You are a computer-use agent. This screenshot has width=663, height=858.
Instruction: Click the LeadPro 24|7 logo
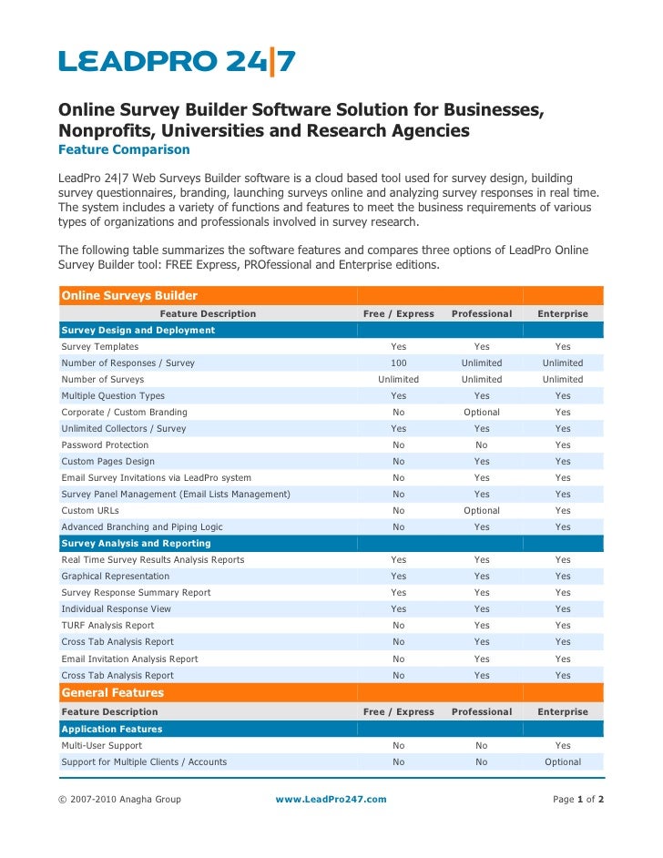tap(178, 63)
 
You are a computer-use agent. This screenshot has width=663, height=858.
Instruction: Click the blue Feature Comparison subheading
tap(124, 149)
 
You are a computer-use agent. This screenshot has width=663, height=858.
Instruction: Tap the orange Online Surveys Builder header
tap(128, 295)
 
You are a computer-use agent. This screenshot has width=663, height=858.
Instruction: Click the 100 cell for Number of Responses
tap(398, 363)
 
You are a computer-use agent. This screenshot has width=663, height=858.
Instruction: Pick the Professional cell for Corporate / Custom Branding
tap(481, 412)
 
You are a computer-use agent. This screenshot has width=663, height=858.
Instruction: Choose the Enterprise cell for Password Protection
tap(563, 444)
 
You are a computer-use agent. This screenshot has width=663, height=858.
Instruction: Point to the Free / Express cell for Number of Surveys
tap(398, 379)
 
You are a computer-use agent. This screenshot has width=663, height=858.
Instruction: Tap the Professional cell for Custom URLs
tap(481, 510)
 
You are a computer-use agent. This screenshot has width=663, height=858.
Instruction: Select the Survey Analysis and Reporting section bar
tap(136, 543)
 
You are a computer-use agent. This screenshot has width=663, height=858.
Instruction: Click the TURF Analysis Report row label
tap(107, 625)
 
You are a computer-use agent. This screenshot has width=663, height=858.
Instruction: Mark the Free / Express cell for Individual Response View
tap(398, 608)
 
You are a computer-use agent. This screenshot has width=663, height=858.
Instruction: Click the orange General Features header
tap(113, 693)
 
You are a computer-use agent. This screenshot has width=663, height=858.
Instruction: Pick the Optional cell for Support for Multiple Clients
tap(563, 761)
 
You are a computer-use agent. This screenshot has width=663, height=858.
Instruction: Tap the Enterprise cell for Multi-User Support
tap(563, 745)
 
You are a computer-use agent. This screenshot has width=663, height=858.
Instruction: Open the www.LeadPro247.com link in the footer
tap(331, 799)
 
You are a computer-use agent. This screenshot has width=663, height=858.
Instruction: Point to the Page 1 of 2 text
tap(578, 799)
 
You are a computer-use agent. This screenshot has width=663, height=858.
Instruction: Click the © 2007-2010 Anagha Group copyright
tap(120, 799)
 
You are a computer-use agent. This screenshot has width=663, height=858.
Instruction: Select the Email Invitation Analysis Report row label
tap(129, 659)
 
